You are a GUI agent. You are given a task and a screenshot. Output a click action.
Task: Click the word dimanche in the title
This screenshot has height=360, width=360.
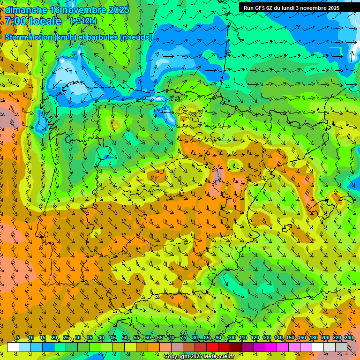click(26, 10)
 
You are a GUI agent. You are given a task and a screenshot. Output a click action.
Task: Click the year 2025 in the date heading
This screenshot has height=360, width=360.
click(119, 10)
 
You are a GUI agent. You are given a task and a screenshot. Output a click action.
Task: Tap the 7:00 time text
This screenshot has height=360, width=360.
click(16, 22)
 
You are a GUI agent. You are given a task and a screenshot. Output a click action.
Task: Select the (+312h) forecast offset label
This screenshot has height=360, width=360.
click(83, 21)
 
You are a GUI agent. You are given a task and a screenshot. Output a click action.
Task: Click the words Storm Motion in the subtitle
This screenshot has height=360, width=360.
click(28, 37)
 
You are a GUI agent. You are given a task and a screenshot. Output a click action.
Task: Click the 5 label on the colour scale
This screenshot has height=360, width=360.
click(18, 338)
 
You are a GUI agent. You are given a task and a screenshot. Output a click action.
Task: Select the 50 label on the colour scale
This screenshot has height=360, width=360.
click(124, 338)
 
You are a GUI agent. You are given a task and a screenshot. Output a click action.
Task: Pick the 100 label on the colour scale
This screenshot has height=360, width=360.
click(231, 338)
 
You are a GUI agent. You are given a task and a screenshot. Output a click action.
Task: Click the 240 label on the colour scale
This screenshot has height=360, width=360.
click(348, 338)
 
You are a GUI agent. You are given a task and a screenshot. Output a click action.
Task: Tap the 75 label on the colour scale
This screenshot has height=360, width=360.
click(183, 338)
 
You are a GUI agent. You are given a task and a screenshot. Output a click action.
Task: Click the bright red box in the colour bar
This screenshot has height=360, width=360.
click(212, 347)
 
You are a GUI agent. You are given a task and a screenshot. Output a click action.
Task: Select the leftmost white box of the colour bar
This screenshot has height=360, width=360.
click(13, 347)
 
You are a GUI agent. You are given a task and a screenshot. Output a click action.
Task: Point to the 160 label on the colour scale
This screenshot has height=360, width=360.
click(301, 338)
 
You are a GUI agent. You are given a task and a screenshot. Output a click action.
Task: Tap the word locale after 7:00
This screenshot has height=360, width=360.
click(45, 22)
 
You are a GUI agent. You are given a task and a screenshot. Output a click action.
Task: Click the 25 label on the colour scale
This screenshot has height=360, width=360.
click(66, 338)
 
